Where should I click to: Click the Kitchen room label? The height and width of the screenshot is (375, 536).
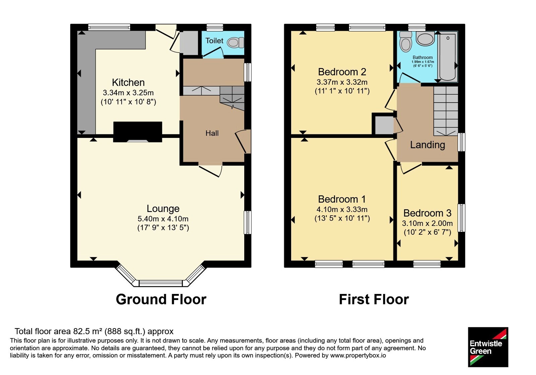tap(128, 82)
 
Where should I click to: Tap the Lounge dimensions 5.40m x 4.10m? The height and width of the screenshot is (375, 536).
tap(163, 219)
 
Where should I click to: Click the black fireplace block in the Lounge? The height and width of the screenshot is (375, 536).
tap(138, 132)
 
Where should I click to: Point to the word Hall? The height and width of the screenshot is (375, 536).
tap(212, 133)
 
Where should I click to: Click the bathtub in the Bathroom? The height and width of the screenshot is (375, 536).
tap(448, 56)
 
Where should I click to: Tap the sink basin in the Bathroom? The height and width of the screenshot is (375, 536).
tap(425, 38)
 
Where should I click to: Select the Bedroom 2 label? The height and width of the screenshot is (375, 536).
tap(342, 72)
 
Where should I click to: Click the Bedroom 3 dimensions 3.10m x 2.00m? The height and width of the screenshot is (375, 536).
tap(427, 223)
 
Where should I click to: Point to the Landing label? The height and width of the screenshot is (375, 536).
tap(427, 145)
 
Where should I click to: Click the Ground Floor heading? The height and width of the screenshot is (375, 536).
tap(161, 299)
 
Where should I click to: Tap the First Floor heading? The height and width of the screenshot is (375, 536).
tap(374, 299)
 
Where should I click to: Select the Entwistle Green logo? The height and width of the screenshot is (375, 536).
tap(488, 347)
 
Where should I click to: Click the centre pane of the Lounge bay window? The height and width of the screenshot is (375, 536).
tap(161, 283)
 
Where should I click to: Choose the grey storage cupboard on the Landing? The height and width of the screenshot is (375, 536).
tap(384, 125)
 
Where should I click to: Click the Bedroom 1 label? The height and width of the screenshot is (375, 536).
tap(342, 199)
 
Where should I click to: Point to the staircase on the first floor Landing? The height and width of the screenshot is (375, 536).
tap(446, 111)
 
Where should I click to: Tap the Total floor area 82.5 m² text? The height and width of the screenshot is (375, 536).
tap(94, 331)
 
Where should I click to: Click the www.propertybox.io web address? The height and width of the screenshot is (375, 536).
tap(358, 355)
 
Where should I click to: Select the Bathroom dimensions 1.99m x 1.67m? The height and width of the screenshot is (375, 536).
tap(422, 62)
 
